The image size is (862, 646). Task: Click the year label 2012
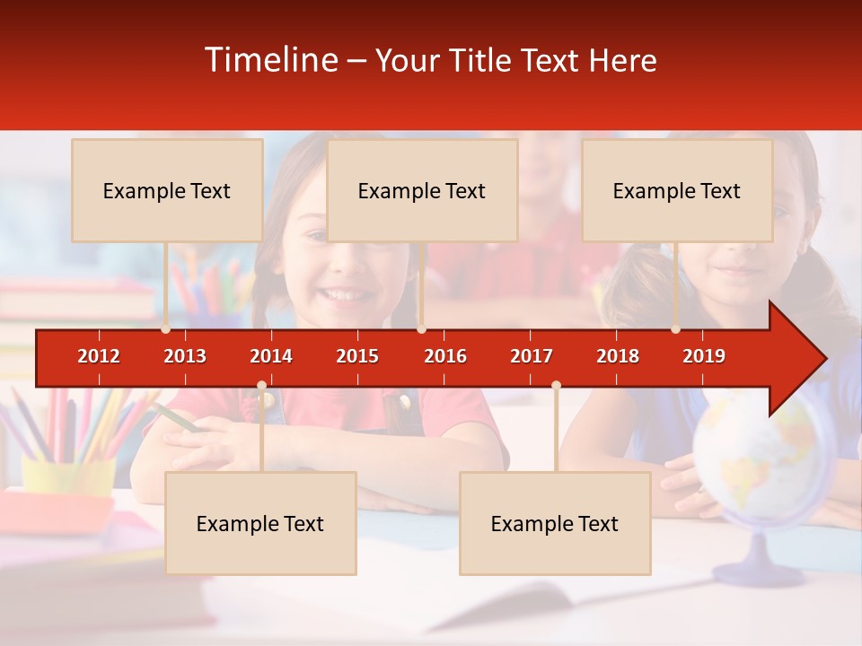tap(99, 356)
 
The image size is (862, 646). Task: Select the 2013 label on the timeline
tap(185, 356)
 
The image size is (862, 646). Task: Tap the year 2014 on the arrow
tap(271, 356)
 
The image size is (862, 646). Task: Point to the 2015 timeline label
tap(357, 356)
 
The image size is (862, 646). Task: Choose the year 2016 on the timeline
tap(445, 356)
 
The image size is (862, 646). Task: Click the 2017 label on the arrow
tap(532, 356)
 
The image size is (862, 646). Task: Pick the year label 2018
tap(618, 356)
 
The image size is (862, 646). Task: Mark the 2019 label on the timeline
tap(704, 356)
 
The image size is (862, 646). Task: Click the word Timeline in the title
tap(270, 60)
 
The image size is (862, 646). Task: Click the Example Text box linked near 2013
tap(167, 190)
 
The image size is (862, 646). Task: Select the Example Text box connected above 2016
tap(422, 190)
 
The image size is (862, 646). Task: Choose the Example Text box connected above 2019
tap(677, 190)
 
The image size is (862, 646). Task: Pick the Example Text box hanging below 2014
tap(260, 523)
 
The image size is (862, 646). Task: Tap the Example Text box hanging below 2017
tap(555, 523)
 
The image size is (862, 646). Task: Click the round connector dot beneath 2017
tap(556, 386)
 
